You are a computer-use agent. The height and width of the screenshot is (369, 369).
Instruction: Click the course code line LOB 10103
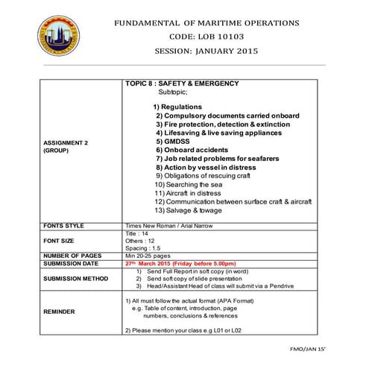pyautogui.click(x=206, y=37)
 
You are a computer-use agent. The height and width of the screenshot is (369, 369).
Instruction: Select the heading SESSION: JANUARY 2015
pyautogui.click(x=206, y=51)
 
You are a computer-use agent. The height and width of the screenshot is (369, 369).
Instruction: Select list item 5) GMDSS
pyautogui.click(x=174, y=141)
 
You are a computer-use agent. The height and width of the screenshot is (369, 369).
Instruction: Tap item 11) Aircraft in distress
pyautogui.click(x=191, y=192)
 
